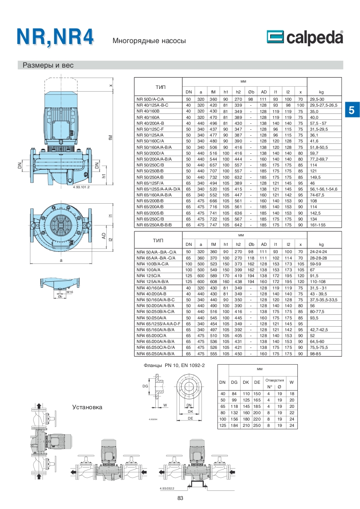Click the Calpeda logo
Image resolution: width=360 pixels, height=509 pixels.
[305, 37]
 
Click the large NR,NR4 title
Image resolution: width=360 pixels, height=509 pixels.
[55, 37]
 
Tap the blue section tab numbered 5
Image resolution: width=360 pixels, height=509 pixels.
[351, 110]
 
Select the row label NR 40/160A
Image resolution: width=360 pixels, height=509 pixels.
[148, 117]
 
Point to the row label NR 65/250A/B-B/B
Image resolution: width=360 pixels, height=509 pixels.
[154, 225]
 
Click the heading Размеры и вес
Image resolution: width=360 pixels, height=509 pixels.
[48, 65]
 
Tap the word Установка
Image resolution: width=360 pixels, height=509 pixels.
[87, 407]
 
